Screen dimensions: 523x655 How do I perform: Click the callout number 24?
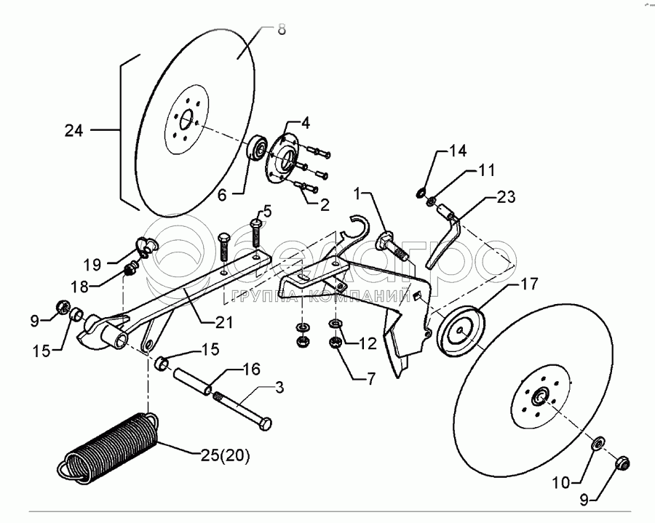(74, 131)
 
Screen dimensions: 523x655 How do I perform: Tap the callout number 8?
(281, 31)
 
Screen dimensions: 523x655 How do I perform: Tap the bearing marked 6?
(255, 148)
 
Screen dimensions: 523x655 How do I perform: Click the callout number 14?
(457, 152)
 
